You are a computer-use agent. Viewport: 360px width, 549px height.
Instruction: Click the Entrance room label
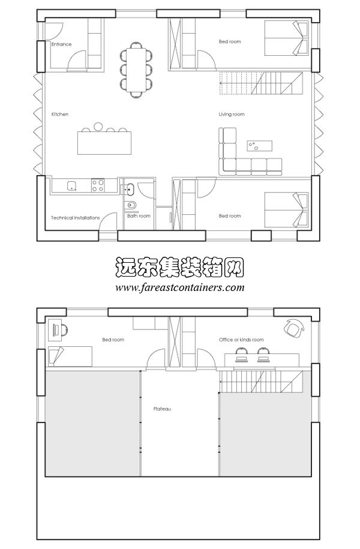(61, 44)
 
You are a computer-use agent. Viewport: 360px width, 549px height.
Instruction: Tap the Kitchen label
(60, 114)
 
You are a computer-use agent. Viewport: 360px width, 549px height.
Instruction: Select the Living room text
(232, 114)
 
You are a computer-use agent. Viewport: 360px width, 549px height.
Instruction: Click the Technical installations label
(76, 218)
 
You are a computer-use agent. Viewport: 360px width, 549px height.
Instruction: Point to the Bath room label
(139, 216)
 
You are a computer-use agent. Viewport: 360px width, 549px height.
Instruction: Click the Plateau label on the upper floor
(162, 409)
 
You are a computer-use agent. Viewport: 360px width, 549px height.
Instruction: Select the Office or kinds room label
(241, 340)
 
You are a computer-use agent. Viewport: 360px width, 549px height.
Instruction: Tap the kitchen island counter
(103, 143)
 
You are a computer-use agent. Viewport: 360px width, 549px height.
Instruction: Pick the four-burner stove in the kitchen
(98, 185)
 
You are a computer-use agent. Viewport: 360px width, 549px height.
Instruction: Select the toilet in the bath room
(131, 207)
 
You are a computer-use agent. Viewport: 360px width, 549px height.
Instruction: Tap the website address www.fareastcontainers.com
(180, 287)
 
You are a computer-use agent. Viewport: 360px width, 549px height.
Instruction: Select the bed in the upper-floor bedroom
(71, 355)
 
